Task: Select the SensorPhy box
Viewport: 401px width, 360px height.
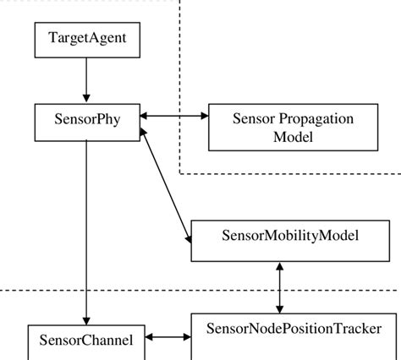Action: pyautogui.click(x=86, y=121)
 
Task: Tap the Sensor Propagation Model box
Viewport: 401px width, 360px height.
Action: pyautogui.click(x=282, y=128)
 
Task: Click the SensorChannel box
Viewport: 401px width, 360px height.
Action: pyautogui.click(x=86, y=341)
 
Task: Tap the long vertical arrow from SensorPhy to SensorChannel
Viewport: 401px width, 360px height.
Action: pyautogui.click(x=86, y=228)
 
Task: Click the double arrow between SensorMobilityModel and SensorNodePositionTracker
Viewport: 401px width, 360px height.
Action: pyautogui.click(x=280, y=287)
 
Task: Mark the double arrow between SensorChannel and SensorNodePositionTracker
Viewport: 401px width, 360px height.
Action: pyautogui.click(x=168, y=338)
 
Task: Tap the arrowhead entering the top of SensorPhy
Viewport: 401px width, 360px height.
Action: pyautogui.click(x=86, y=98)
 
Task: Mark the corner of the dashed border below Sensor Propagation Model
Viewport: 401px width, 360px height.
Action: pyautogui.click(x=180, y=173)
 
